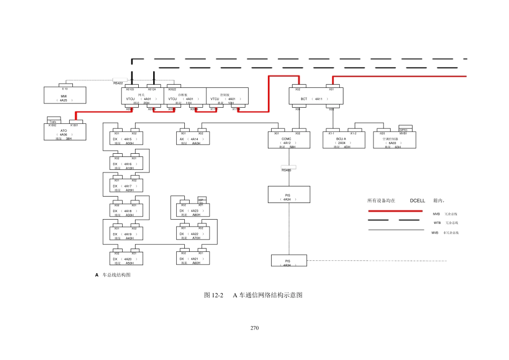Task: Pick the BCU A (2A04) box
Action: click(x=341, y=141)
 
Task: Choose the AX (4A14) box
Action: click(x=192, y=140)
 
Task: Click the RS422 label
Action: click(x=118, y=83)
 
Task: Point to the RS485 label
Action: click(x=287, y=170)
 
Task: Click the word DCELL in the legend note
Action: click(x=417, y=201)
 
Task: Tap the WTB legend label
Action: click(x=437, y=222)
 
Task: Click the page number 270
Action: click(x=254, y=328)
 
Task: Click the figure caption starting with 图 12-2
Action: click(x=253, y=295)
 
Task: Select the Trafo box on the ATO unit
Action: click(x=53, y=122)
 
